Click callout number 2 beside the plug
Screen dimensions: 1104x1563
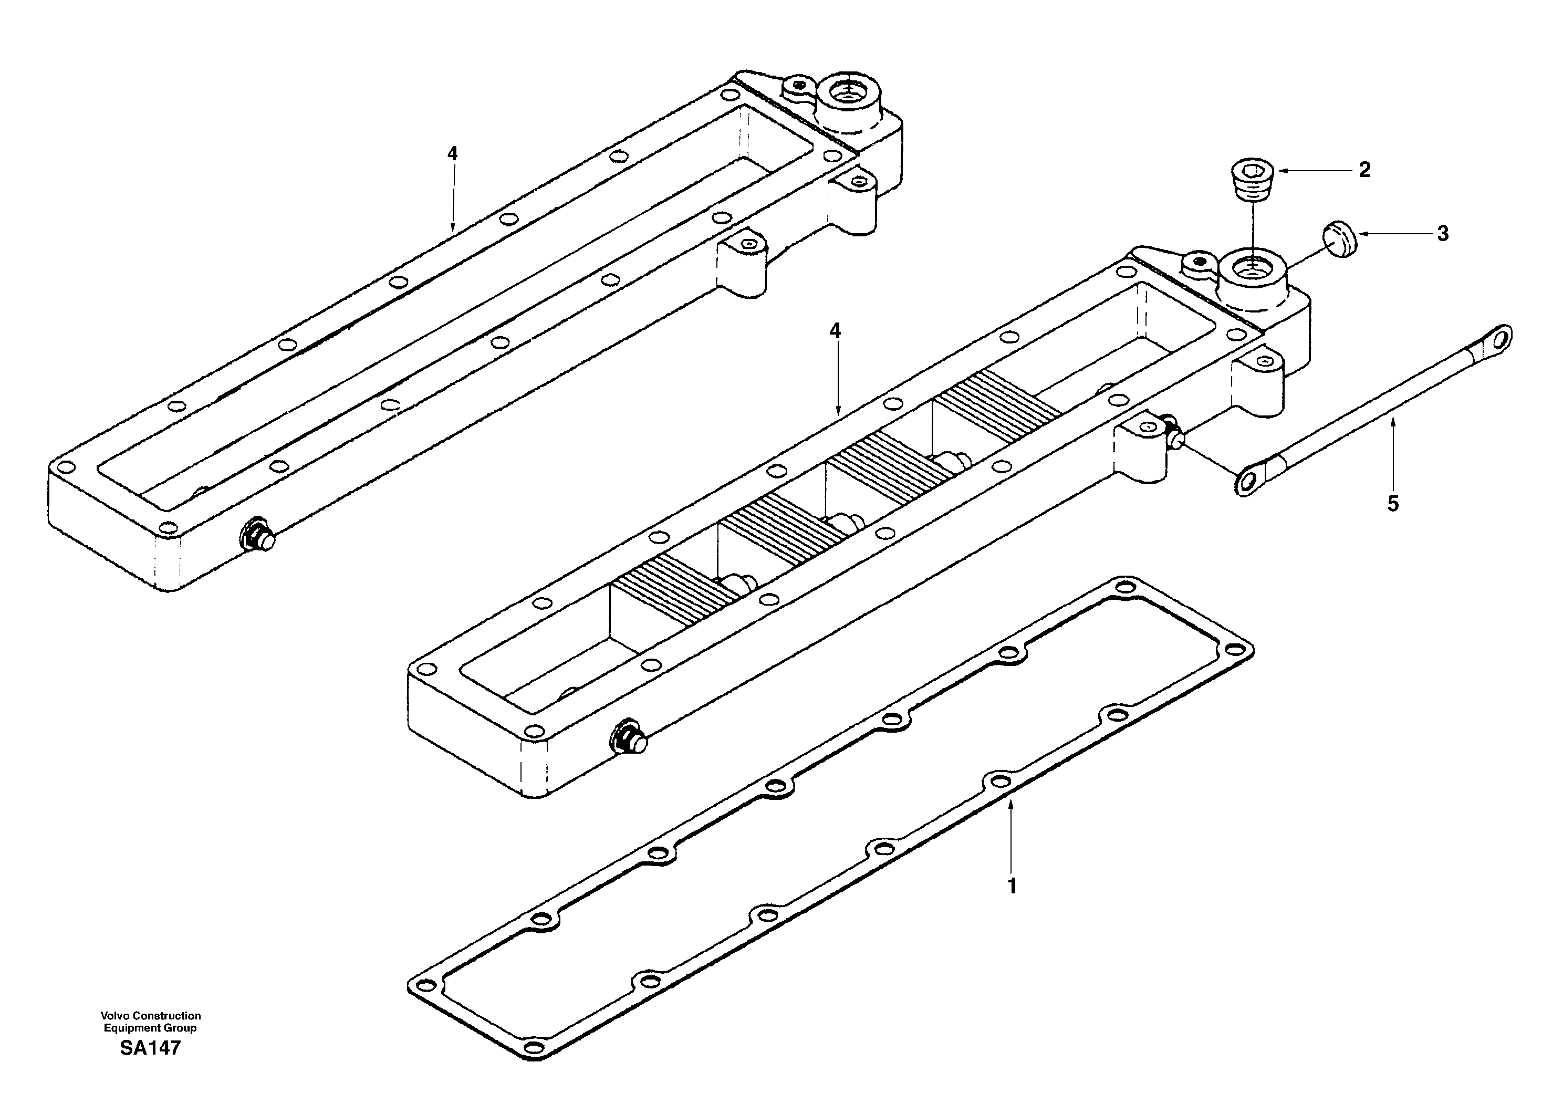[1364, 170]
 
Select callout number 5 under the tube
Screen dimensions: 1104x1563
[1393, 504]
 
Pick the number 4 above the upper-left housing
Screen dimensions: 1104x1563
[453, 154]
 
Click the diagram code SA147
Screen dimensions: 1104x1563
[150, 1048]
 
